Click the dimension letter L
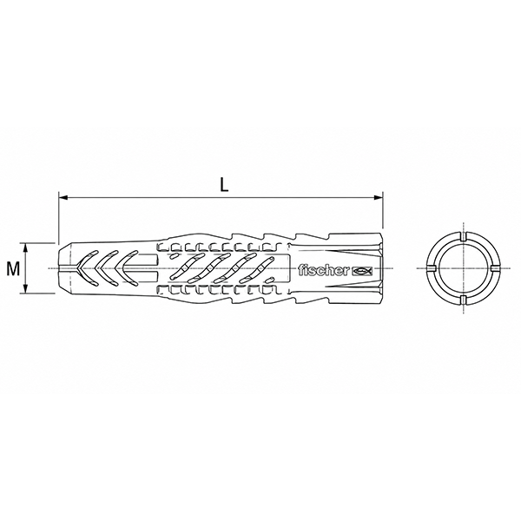click(225, 186)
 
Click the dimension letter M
click(13, 268)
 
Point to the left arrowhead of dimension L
click(63, 197)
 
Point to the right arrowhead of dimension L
click(379, 197)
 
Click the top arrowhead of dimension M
click(25, 247)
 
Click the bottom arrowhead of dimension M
click(25, 289)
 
